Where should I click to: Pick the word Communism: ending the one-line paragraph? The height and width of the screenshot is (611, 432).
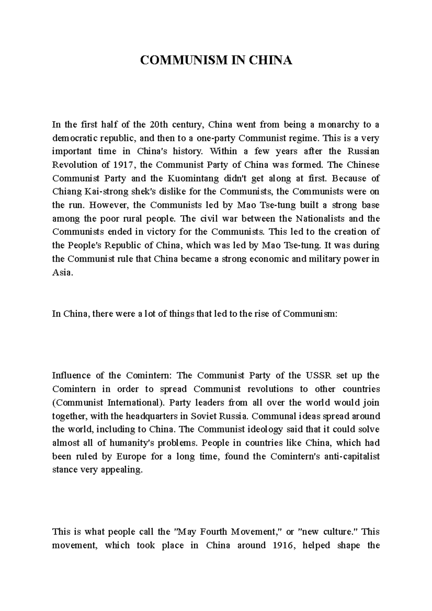310,313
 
